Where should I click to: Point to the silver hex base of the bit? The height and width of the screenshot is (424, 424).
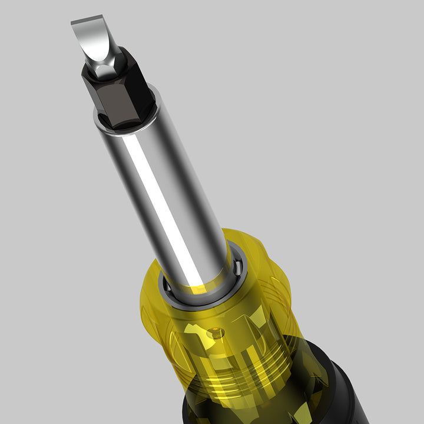point(107,69)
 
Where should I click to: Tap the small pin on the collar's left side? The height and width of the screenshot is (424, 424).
point(167,288)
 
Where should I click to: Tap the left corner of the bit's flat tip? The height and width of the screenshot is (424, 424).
point(73,24)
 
